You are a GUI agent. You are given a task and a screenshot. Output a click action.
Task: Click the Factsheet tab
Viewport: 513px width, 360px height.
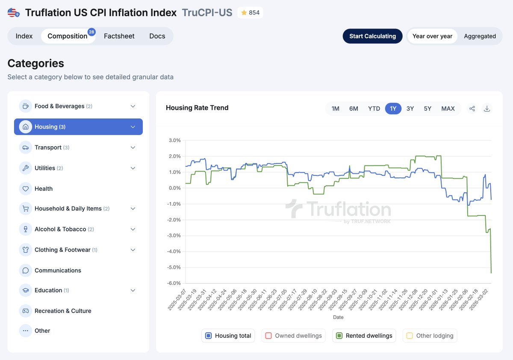point(119,36)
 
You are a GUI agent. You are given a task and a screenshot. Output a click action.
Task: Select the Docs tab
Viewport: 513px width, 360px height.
point(157,36)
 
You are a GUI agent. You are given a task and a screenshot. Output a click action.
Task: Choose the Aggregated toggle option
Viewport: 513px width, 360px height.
point(480,36)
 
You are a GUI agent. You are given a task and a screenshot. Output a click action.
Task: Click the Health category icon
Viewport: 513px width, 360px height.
point(26,189)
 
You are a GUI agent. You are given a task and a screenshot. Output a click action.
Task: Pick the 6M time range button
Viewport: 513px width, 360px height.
point(354,109)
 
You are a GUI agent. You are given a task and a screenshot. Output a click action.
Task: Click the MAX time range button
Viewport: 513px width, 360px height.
point(448,109)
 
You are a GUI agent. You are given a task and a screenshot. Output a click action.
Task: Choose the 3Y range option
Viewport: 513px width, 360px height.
point(410,109)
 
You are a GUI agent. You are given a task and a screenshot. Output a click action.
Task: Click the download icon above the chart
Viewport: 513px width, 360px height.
point(486,109)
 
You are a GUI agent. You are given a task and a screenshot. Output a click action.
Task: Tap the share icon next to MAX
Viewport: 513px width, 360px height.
point(472,109)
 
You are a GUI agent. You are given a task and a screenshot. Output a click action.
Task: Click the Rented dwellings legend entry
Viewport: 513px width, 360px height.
point(364,336)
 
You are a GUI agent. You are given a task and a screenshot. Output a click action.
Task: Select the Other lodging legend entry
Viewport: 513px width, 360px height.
point(430,336)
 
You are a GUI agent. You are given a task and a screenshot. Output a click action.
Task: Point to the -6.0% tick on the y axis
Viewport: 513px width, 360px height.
point(174,283)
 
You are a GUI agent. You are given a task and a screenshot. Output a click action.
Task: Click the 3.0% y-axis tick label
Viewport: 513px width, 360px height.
point(175,140)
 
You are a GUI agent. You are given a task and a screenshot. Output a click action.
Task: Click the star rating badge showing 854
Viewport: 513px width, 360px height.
point(250,13)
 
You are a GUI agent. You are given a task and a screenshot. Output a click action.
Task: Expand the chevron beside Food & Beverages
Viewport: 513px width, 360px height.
point(133,106)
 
